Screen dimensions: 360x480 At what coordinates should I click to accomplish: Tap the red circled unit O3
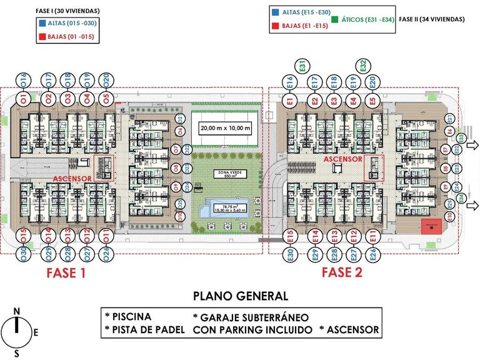pyautogui.click(x=66, y=99)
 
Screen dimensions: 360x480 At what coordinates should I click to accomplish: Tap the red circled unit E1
pyautogui.click(x=290, y=99)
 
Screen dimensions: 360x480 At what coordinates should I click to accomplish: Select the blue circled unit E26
pyautogui.click(x=372, y=254)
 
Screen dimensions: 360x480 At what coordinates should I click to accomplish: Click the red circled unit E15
pyautogui.click(x=290, y=237)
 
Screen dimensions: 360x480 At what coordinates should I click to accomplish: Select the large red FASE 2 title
pyautogui.click(x=342, y=272)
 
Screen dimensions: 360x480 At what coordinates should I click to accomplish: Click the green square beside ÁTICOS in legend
pyautogui.click(x=336, y=19)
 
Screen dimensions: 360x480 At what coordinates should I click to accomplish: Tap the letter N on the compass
pyautogui.click(x=17, y=311)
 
